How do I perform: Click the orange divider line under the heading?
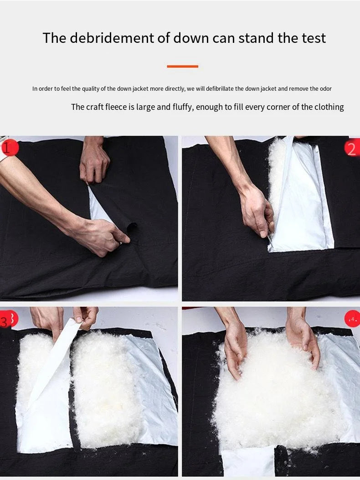tap(182, 66)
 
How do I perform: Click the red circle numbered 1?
tap(10, 148)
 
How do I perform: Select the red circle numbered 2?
tap(352, 148)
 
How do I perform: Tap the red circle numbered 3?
tap(9, 319)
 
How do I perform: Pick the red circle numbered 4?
tap(352, 319)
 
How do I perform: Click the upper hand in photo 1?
tap(94, 161)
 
